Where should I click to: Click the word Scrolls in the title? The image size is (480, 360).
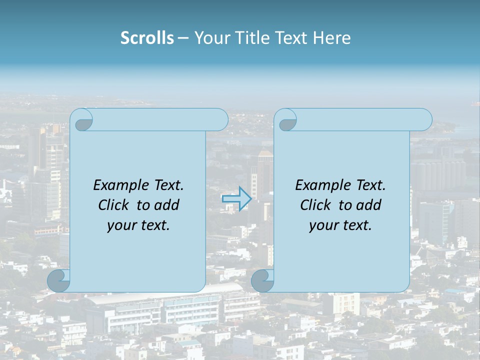click(x=147, y=38)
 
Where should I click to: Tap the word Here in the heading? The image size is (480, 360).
click(x=332, y=38)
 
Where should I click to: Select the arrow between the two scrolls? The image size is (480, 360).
click(x=236, y=199)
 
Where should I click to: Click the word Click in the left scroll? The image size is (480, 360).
click(x=113, y=205)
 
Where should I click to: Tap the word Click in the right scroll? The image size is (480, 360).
click(x=315, y=205)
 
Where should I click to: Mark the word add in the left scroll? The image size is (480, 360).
click(x=167, y=205)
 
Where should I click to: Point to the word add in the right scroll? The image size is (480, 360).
click(x=369, y=205)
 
